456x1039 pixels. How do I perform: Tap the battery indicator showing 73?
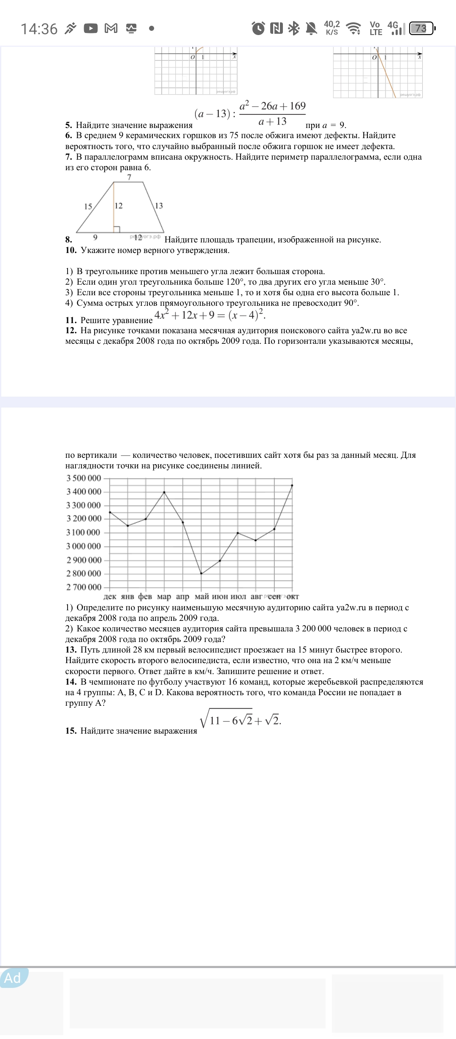tap(421, 28)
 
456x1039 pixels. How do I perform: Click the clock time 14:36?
tap(39, 29)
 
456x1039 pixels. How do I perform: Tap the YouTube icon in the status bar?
tap(91, 28)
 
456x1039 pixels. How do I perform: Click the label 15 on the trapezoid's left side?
tap(88, 207)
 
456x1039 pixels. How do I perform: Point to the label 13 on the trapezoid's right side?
tap(159, 206)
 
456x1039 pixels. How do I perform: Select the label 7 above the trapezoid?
tap(129, 177)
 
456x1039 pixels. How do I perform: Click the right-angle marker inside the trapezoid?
tap(117, 229)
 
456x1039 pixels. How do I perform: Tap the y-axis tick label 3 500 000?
tap(84, 478)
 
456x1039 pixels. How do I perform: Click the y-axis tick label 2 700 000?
tap(84, 587)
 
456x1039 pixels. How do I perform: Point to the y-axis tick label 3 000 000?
tap(84, 546)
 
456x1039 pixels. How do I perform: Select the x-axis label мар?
tap(164, 596)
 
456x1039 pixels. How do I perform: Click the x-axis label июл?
tap(238, 596)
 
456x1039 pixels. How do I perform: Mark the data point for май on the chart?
tap(201, 574)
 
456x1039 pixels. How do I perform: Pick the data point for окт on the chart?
tap(292, 485)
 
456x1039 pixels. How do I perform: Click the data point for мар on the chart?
tap(164, 492)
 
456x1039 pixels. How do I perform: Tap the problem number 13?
tap(71, 650)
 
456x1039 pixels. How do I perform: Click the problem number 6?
tap(68, 136)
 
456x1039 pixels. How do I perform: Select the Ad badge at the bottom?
tap(13, 978)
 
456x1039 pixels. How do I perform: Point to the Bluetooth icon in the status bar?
tap(293, 28)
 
